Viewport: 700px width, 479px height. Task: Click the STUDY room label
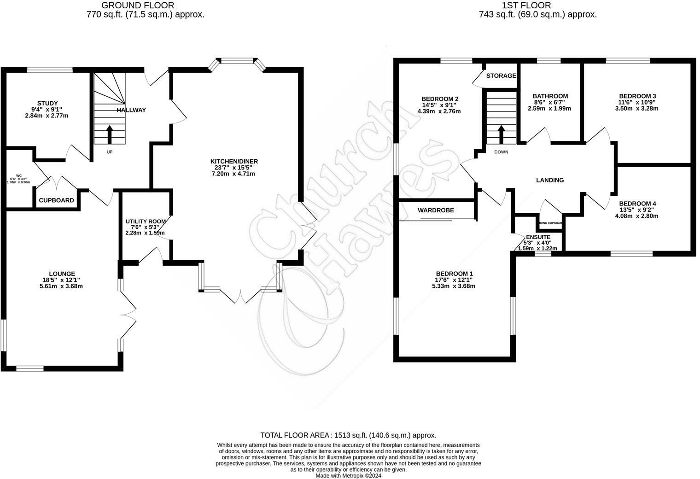point(47,103)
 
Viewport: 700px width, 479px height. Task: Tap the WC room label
point(19,175)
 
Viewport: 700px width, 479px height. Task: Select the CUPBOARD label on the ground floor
point(56,200)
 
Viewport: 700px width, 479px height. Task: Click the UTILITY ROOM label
point(145,222)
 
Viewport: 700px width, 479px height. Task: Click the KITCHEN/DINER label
point(234,161)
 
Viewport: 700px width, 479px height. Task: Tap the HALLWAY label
point(131,110)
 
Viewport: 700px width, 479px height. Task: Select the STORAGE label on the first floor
point(501,76)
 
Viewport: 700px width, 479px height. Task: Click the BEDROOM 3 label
point(637,96)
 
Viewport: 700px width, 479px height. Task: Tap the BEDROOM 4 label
point(637,204)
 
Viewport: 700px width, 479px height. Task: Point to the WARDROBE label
point(436,210)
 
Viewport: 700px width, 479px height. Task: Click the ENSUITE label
point(538,237)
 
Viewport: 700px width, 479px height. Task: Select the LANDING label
point(550,180)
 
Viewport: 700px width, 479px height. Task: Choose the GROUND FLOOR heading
point(138,6)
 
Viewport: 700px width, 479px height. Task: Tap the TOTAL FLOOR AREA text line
point(348,435)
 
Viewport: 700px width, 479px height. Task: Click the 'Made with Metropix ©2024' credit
point(348,476)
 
